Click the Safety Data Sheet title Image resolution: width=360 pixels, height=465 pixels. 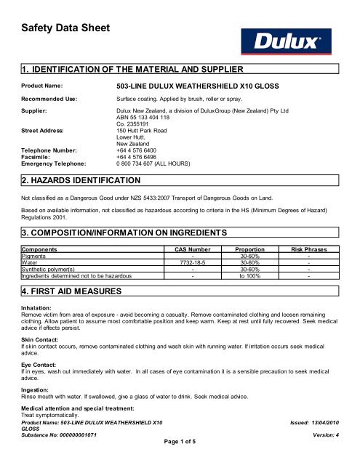click(62, 28)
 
